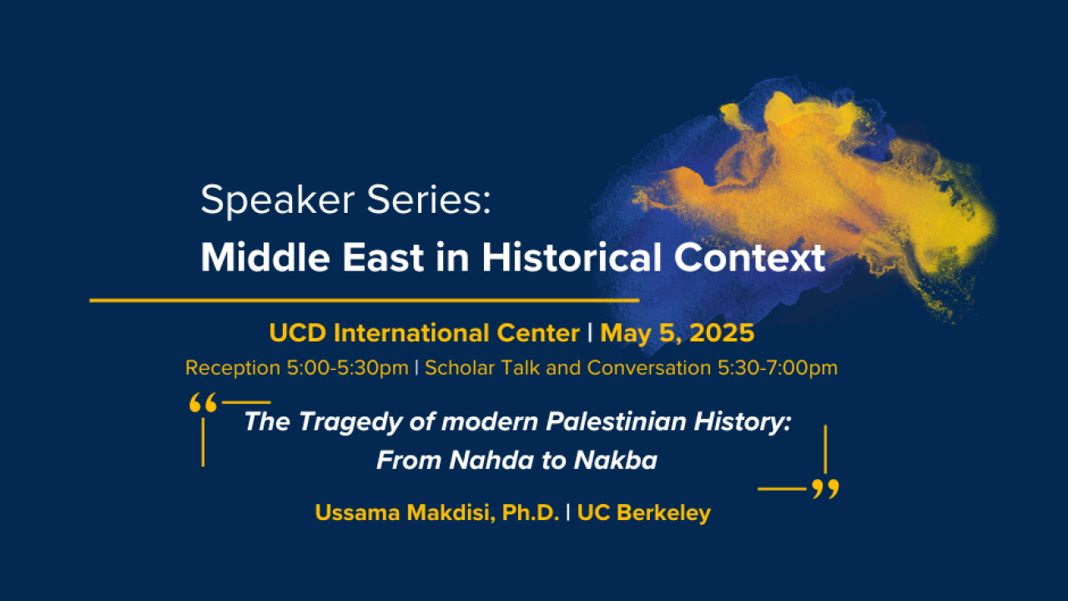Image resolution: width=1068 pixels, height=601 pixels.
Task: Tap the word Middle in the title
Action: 265,258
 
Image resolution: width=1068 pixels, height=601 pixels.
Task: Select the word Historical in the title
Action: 572,258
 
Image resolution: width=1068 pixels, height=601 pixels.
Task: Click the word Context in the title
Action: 749,258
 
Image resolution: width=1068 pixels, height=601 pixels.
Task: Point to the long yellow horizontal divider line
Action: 365,300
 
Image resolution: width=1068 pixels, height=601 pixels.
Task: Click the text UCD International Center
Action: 425,333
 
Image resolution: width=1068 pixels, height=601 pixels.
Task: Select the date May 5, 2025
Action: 677,333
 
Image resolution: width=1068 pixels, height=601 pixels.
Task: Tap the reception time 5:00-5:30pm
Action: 348,368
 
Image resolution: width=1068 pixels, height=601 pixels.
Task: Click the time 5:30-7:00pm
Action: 777,368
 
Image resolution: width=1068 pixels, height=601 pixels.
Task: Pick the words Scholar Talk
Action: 482,368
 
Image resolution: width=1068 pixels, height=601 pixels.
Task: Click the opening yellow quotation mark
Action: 203,402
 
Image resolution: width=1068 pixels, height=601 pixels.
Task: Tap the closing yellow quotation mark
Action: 825,489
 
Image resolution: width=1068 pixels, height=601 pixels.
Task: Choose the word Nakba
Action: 616,460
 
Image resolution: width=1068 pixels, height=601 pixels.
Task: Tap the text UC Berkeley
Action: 643,513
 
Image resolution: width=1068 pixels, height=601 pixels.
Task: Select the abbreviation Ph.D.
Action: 530,513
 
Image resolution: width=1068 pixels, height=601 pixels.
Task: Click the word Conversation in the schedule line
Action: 649,368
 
